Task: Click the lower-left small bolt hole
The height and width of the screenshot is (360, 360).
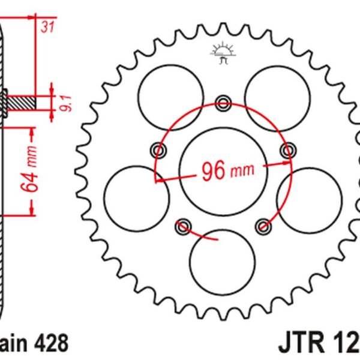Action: [x=183, y=226]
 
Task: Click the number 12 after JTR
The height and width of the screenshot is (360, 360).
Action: [x=345, y=344]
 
